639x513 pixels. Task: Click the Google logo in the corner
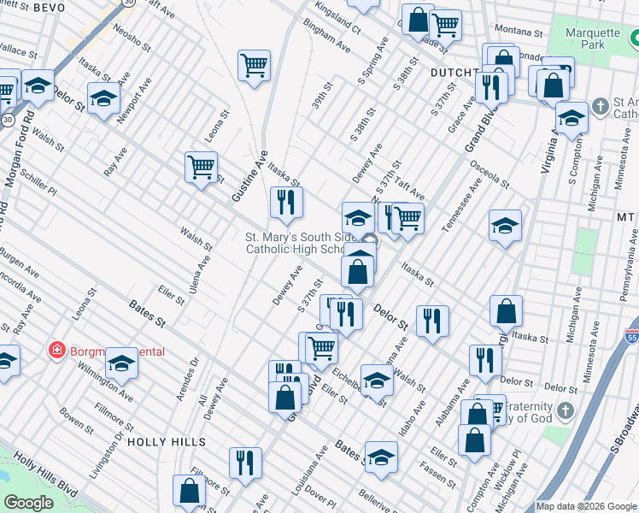[x=29, y=502]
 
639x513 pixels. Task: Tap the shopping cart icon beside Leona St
[x=201, y=167]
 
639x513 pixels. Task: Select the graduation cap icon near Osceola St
[x=505, y=226]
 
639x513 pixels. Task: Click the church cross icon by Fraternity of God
[x=564, y=412]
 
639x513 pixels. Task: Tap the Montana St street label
[x=513, y=29]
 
